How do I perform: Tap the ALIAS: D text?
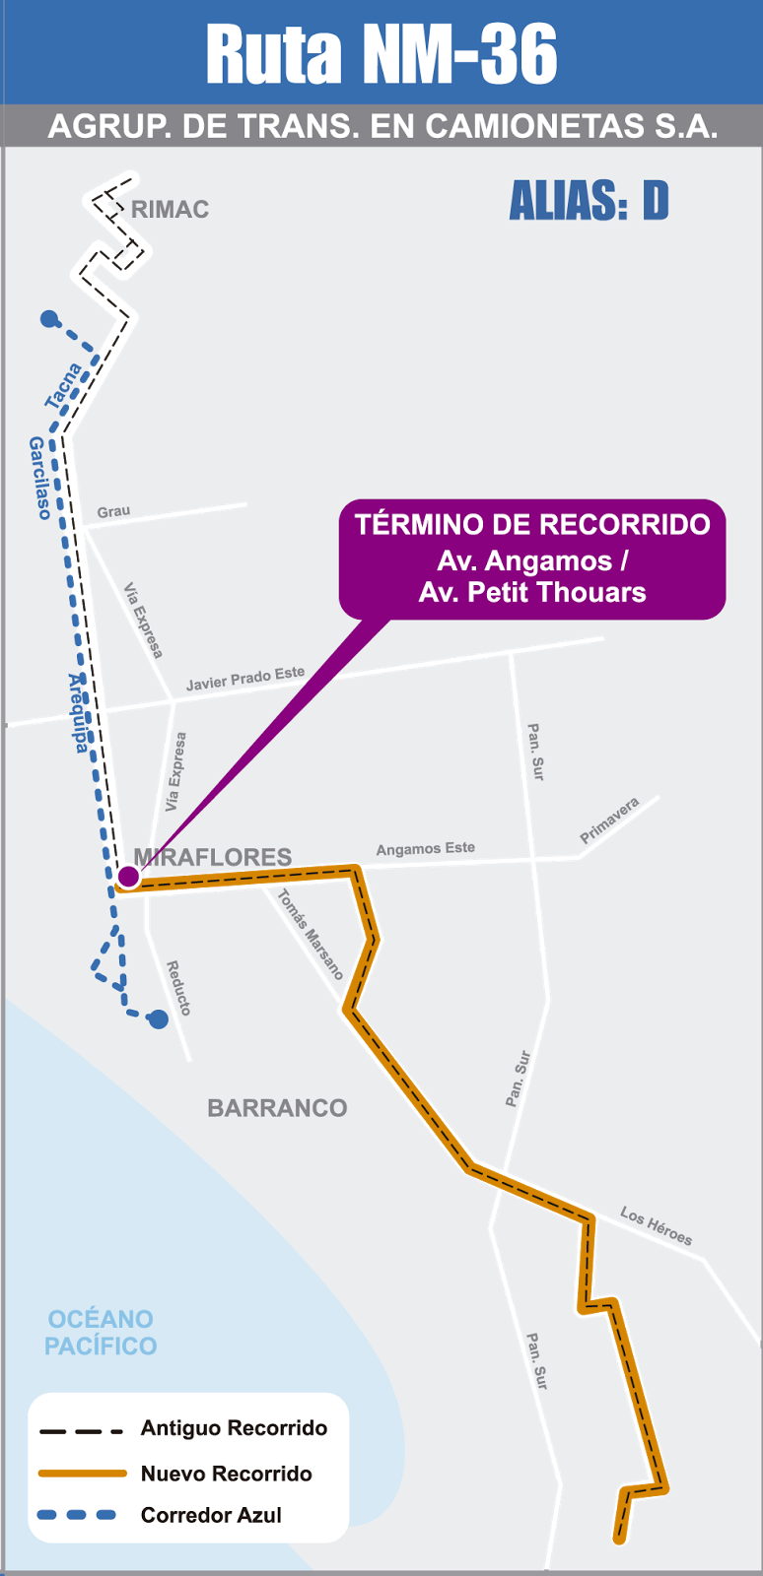point(589,202)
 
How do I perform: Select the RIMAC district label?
point(170,210)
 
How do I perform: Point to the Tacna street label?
point(64,386)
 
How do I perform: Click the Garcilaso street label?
point(39,478)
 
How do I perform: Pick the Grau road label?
point(113,511)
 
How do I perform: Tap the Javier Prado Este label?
point(245,679)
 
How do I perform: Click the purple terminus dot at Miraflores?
point(128,876)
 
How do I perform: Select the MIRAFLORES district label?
point(213,857)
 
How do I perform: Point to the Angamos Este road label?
point(425,848)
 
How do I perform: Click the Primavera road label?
point(609,820)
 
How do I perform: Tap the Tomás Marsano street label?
point(311,934)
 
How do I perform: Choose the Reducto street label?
point(178,988)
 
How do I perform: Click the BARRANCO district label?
point(277,1108)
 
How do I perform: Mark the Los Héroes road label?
point(656,1225)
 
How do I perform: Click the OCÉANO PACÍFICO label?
point(101,1333)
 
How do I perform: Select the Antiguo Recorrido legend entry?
point(234,1428)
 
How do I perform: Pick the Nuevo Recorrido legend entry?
point(226,1474)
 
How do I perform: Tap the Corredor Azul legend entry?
point(211,1515)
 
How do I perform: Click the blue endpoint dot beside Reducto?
point(158,1019)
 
